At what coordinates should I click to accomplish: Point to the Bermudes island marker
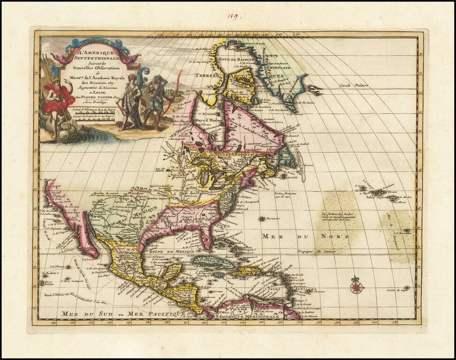(x=262, y=218)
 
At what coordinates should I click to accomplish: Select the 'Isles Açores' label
(x=373, y=197)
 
